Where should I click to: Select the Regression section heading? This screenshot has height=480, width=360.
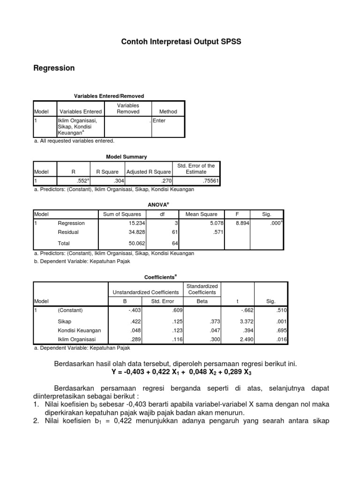pyautogui.click(x=54, y=68)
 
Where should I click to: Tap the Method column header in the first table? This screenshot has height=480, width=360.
pyautogui.click(x=168, y=112)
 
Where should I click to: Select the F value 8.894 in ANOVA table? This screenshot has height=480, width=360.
pyautogui.click(x=242, y=223)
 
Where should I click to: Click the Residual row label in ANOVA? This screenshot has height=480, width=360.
pyautogui.click(x=68, y=232)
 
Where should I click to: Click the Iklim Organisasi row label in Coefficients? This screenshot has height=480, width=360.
pyautogui.click(x=76, y=339)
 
